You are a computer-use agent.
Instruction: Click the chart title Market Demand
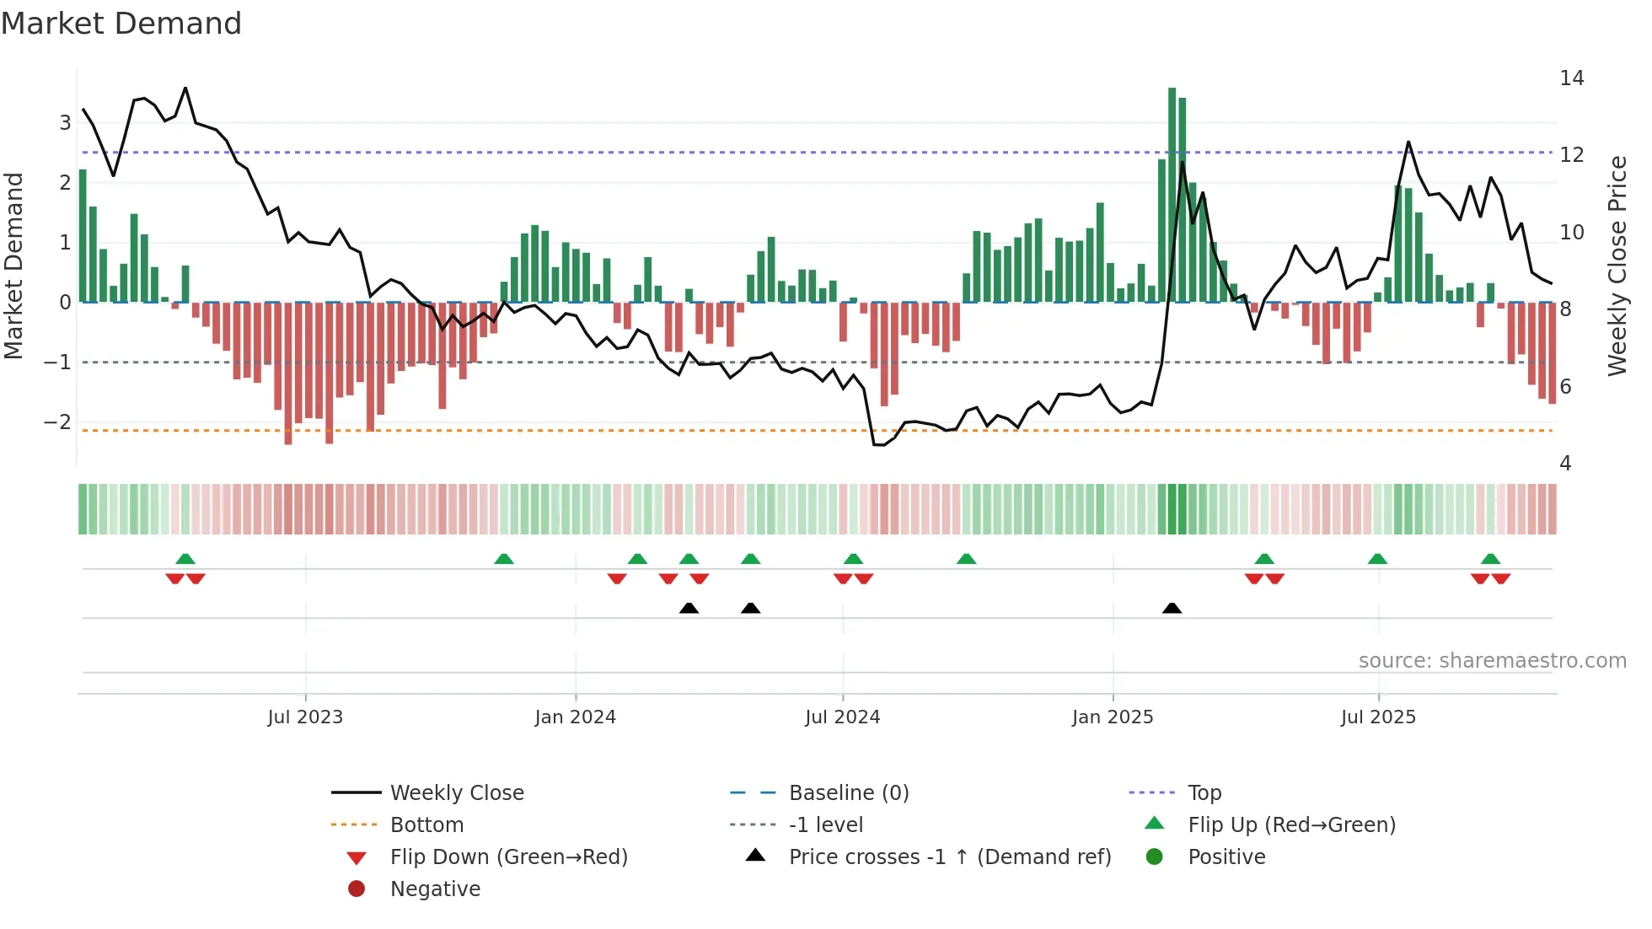coord(121,24)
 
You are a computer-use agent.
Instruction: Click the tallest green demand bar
coord(1172,194)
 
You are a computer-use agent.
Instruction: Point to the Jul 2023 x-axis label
coord(305,717)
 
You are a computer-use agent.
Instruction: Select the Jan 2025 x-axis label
coord(1113,717)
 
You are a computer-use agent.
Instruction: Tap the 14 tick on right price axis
coord(1571,78)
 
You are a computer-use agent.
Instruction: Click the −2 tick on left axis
coord(57,422)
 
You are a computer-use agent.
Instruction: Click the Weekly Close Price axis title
coord(1617,266)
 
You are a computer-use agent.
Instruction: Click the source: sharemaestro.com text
coord(1492,661)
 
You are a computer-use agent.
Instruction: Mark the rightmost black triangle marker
coord(1172,609)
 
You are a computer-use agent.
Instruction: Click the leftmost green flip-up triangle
coord(185,559)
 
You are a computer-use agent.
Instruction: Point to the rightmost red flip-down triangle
coord(1501,578)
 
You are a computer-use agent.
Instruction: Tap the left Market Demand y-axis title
coord(14,266)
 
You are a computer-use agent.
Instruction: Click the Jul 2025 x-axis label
coord(1378,717)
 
